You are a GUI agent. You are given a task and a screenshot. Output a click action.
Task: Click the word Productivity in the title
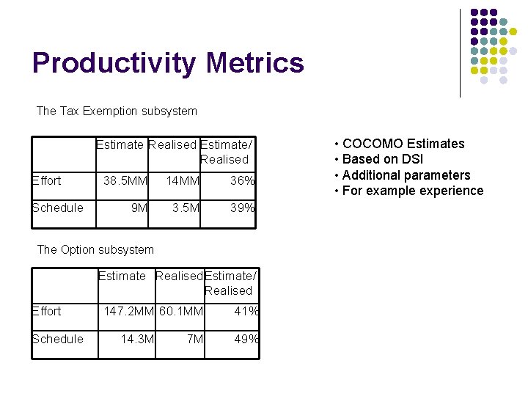tap(114, 63)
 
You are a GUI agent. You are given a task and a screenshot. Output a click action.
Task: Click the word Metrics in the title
tap(254, 63)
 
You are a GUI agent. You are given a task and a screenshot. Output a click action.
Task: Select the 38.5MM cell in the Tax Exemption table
tap(125, 180)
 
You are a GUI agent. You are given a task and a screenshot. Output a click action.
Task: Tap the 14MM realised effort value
tap(182, 180)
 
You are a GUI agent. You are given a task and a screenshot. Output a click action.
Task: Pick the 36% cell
tap(242, 180)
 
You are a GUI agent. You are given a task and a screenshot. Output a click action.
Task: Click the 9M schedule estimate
tap(139, 208)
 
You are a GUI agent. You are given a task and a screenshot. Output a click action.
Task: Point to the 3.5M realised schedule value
tap(185, 208)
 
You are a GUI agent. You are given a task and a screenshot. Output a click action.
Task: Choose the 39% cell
tap(242, 208)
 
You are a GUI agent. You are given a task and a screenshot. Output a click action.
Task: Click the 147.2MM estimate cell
tap(129, 312)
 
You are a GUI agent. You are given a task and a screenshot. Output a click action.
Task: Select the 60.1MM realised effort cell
tap(180, 312)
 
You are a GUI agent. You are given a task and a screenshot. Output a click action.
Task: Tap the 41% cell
tap(246, 312)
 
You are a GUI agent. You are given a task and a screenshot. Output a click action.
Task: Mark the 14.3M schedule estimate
tap(137, 339)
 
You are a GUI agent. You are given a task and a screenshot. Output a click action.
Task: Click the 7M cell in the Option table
tap(194, 339)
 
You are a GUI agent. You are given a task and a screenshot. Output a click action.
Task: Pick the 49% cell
tap(246, 339)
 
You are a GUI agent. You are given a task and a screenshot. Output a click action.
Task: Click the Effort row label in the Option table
tap(47, 312)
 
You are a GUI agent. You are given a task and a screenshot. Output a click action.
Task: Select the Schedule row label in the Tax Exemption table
tap(58, 208)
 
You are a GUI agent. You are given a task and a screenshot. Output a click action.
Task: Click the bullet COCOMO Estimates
tap(403, 144)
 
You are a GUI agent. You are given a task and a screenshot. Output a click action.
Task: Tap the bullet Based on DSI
tap(383, 159)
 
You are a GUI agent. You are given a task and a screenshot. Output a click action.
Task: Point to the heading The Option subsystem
tap(95, 249)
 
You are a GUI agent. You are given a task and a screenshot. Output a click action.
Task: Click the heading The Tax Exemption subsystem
tap(117, 111)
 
